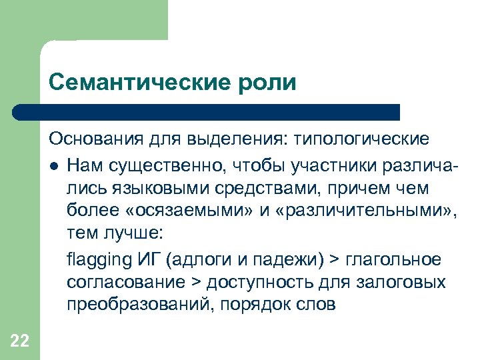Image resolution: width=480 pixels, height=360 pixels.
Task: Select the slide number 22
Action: [x=20, y=341]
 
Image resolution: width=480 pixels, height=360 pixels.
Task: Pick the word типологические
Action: [x=358, y=140]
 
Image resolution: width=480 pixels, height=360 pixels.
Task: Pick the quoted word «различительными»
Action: [x=352, y=211]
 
